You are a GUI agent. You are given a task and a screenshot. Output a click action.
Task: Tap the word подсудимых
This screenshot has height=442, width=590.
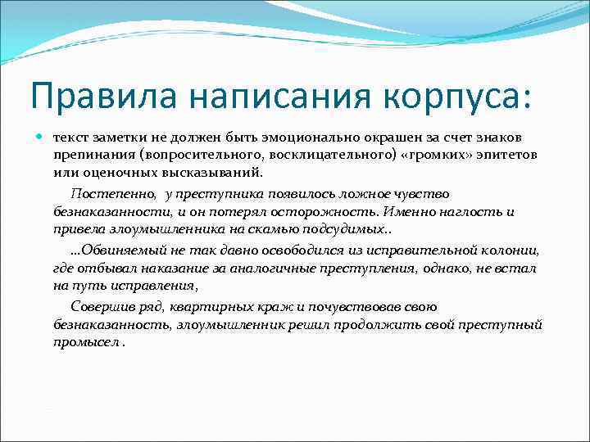pos(344,230)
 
